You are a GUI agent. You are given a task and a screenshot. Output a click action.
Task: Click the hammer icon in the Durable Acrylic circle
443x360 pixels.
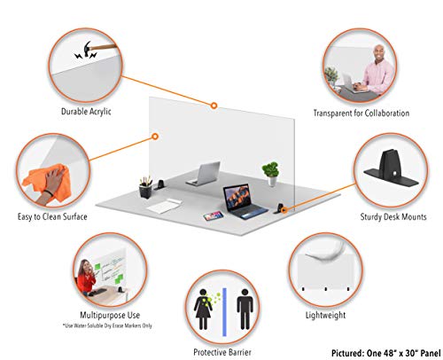click(x=88, y=49)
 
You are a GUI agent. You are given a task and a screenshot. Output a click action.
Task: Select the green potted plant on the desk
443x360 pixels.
click(x=270, y=174)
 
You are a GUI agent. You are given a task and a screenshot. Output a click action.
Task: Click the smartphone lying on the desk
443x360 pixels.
click(x=214, y=215)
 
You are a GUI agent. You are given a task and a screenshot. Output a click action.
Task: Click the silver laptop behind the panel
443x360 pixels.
click(x=204, y=174)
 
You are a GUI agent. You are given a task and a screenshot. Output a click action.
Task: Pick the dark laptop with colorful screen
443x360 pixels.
click(x=245, y=201)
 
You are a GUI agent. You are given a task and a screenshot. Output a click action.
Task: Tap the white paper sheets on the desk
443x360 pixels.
click(x=164, y=206)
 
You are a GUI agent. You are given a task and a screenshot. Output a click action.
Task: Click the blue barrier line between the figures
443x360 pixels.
click(x=224, y=312)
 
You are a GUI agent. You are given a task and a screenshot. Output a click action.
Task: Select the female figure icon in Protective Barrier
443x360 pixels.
click(x=203, y=309)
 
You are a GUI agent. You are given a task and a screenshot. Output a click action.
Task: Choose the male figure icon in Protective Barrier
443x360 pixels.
click(x=245, y=309)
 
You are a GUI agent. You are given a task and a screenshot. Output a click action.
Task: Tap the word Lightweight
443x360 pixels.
click(x=325, y=315)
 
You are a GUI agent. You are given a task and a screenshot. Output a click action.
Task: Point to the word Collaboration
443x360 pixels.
click(x=387, y=113)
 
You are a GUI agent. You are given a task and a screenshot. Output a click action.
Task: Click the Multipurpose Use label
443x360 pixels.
click(x=110, y=315)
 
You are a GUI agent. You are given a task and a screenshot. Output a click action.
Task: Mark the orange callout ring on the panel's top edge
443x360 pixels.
click(x=214, y=106)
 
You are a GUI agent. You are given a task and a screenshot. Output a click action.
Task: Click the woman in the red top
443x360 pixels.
click(x=86, y=278)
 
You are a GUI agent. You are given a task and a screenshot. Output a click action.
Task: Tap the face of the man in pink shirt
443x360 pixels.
click(x=378, y=53)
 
